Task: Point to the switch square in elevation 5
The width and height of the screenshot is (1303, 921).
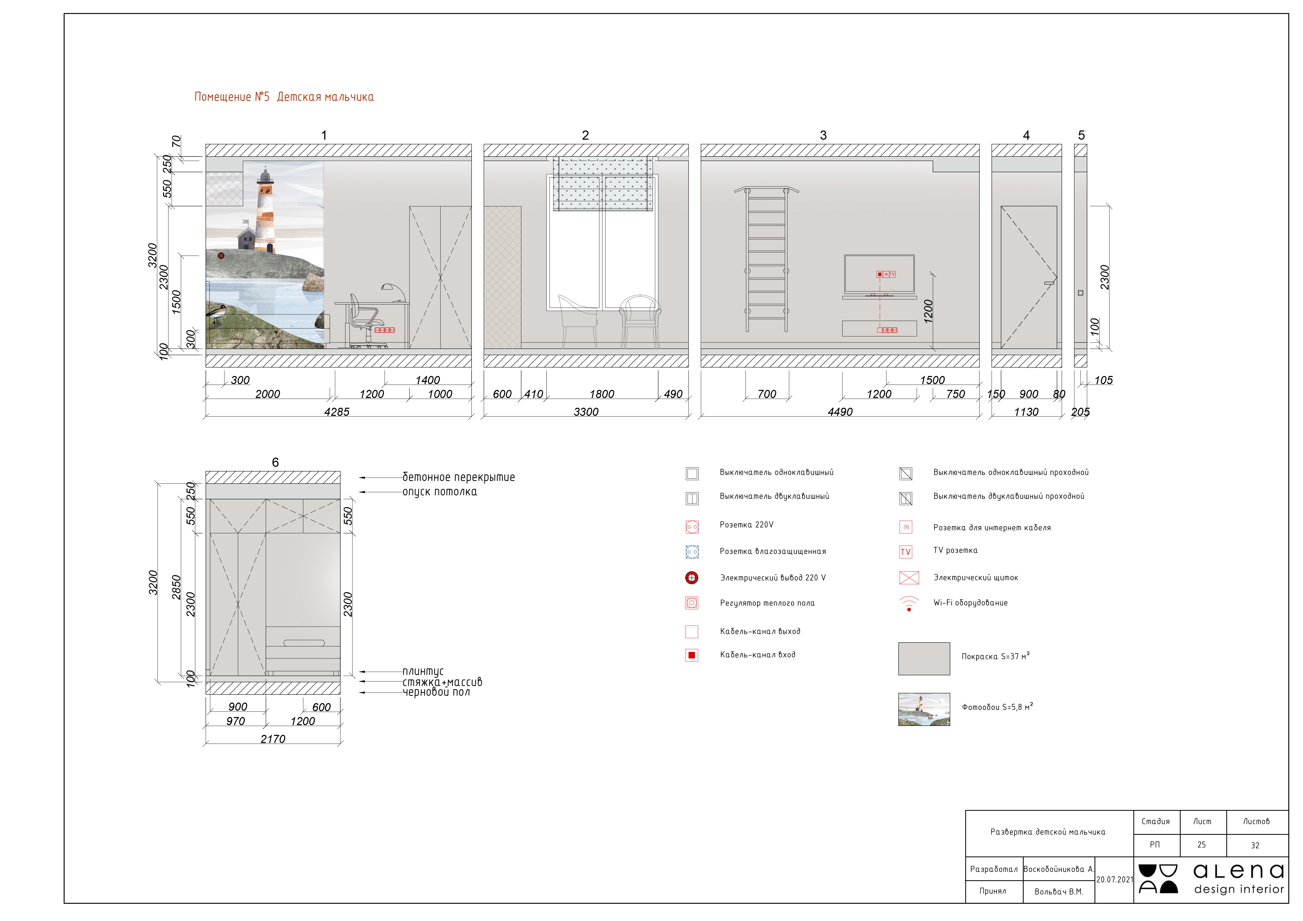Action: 1081,293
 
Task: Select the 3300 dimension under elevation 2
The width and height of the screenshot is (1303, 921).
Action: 586,412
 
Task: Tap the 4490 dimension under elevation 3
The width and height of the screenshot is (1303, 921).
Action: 840,412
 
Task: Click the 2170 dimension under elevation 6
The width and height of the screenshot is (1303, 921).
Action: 273,739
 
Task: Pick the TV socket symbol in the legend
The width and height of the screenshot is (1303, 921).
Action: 906,552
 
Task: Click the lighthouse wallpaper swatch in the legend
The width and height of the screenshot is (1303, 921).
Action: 924,709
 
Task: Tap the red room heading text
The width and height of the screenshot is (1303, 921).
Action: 284,97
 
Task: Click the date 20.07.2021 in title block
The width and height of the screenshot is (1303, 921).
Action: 1114,880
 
